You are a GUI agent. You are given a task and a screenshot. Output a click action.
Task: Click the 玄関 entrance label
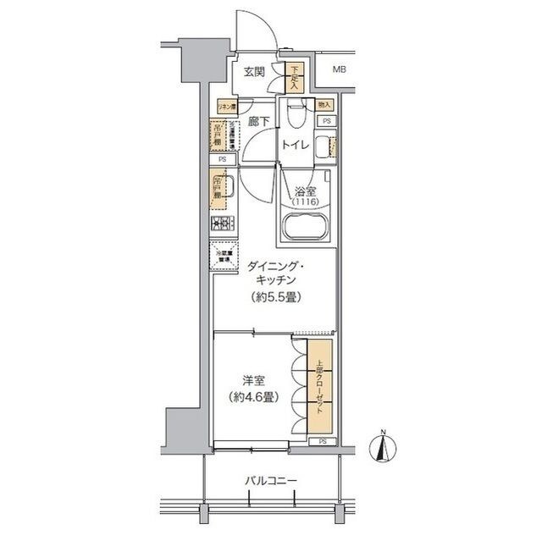click(256, 73)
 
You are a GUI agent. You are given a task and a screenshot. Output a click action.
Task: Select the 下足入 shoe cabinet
click(294, 78)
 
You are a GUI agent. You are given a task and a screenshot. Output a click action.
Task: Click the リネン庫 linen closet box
click(226, 107)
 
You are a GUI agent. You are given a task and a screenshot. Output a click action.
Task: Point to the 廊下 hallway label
click(259, 122)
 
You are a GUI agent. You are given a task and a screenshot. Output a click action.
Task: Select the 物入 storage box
click(324, 104)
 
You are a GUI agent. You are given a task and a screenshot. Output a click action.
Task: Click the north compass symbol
click(382, 449)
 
